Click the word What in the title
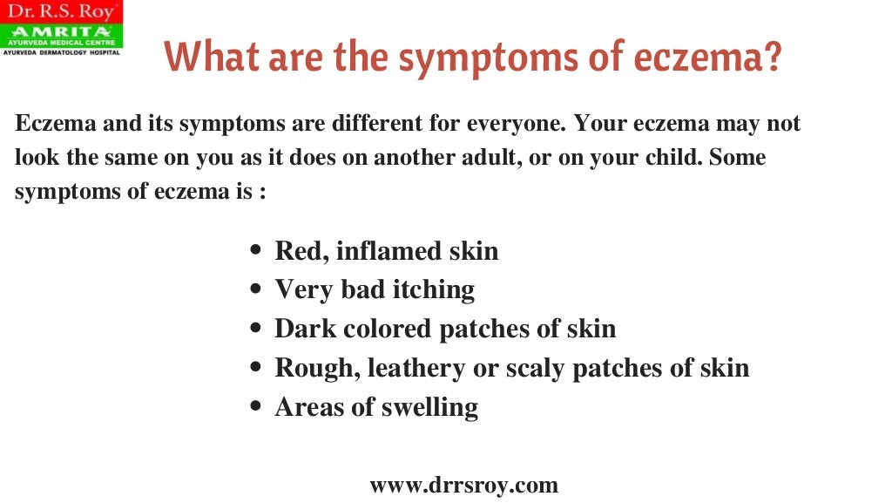(207, 58)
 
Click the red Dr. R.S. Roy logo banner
(61, 12)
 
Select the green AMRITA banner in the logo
(61, 33)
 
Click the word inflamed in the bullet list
(389, 251)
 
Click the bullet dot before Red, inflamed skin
(255, 252)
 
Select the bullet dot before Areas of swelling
(255, 407)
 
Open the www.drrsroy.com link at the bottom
(463, 485)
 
